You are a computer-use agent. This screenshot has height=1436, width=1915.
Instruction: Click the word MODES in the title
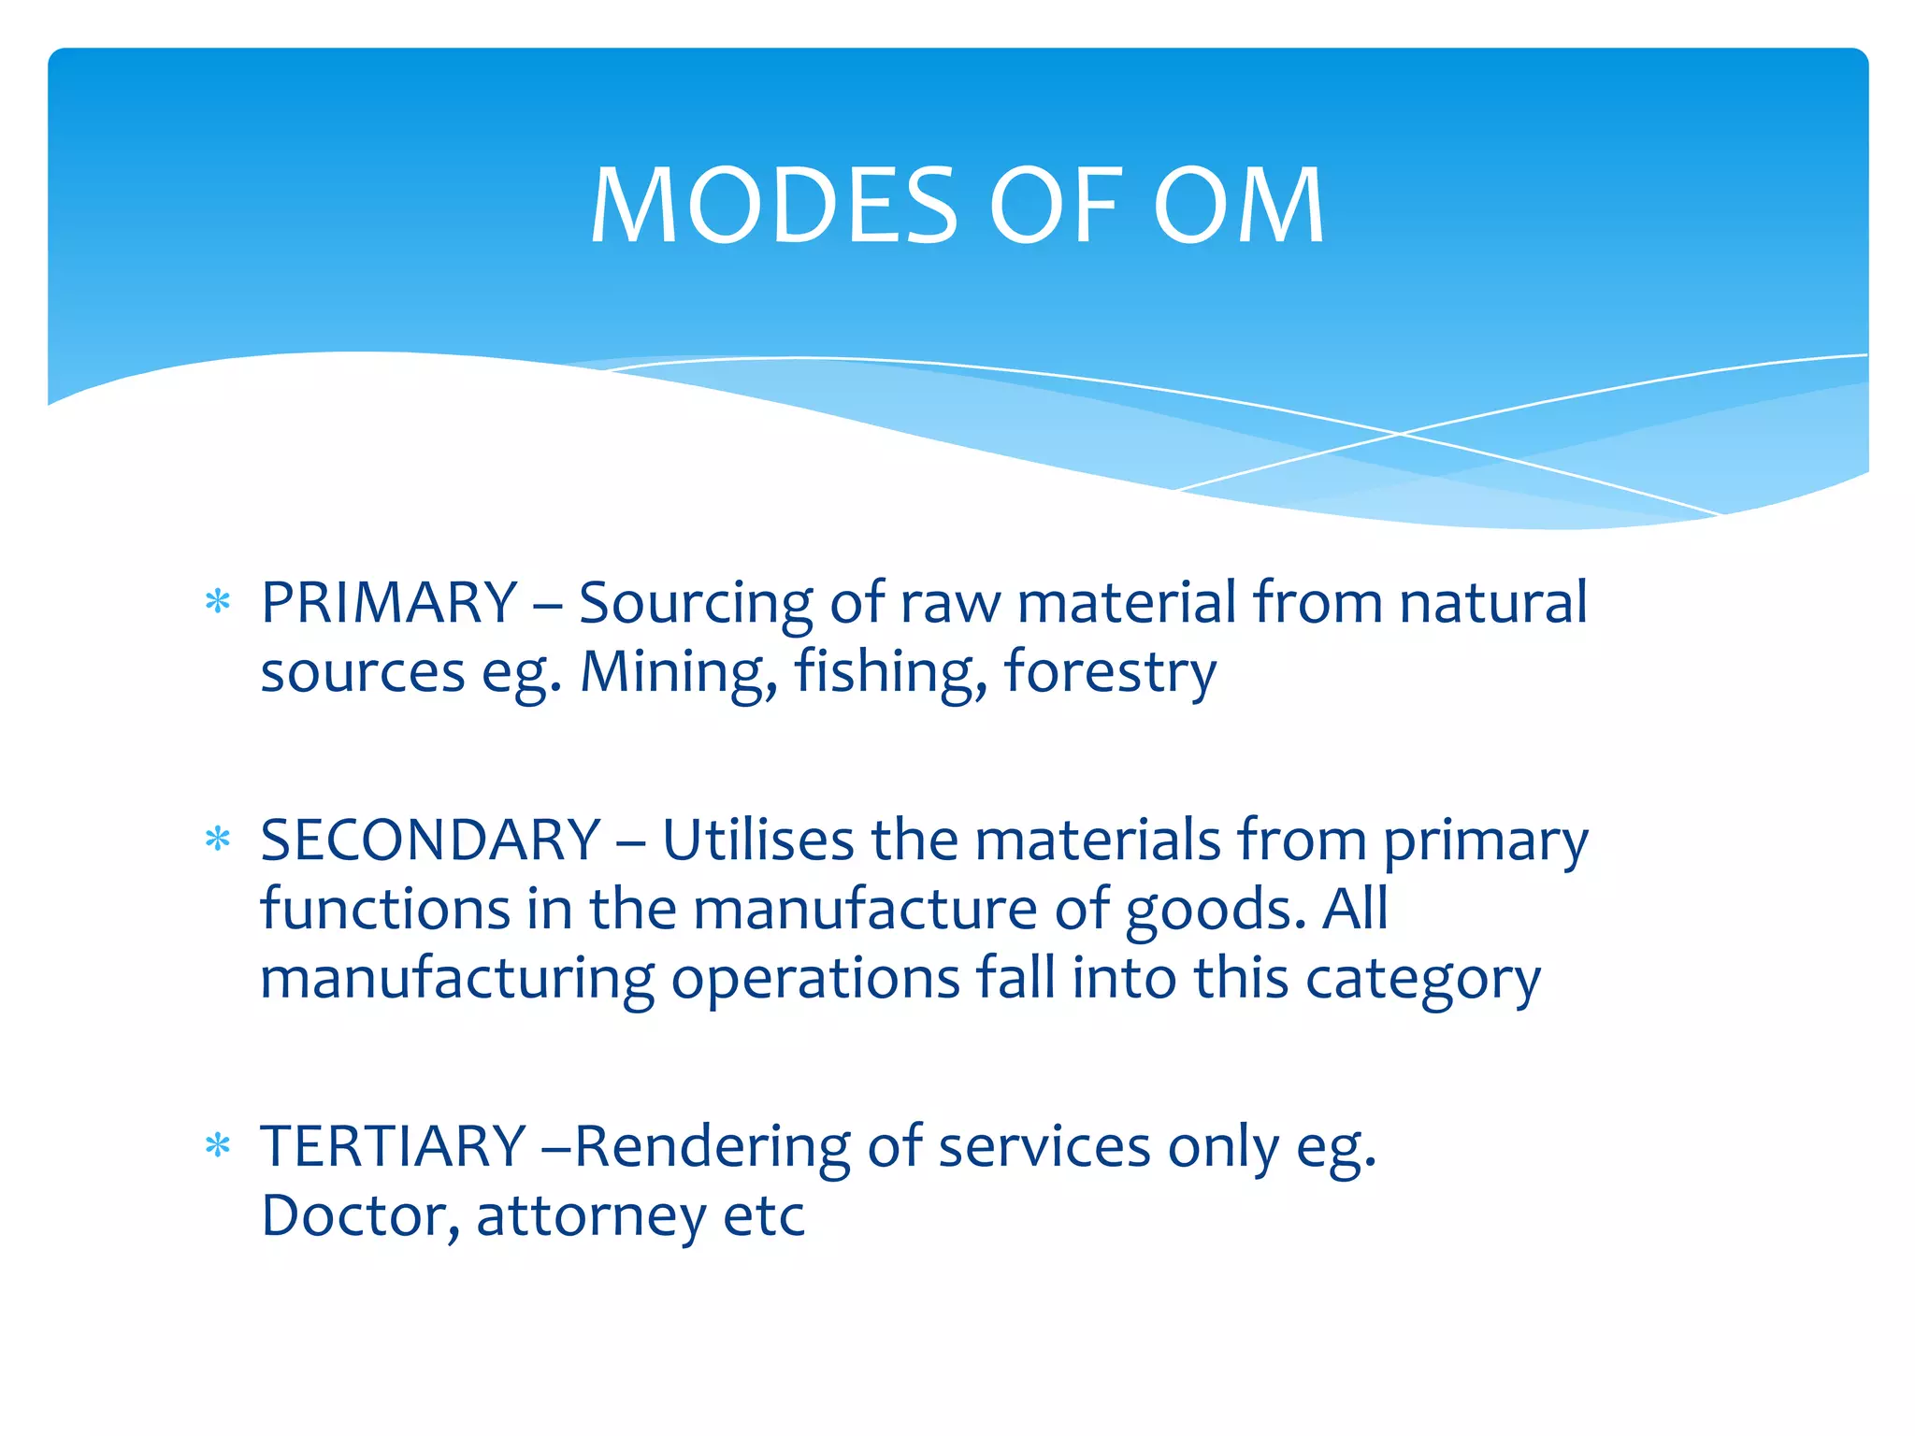point(774,206)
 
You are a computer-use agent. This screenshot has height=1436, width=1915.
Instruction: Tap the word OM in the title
point(1238,206)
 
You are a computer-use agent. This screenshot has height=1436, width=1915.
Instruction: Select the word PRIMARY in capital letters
point(389,602)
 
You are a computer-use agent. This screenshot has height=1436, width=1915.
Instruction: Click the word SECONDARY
point(430,840)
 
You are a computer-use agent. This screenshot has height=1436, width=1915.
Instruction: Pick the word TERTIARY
point(394,1146)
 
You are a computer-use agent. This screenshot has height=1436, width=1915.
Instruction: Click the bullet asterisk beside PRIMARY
point(218,602)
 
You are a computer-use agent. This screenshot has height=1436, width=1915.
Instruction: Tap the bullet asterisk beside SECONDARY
point(218,840)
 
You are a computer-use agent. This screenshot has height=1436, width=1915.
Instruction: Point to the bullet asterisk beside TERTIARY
point(218,1146)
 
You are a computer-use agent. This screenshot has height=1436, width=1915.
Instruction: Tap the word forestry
point(1110,671)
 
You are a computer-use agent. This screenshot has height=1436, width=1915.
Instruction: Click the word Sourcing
point(696,602)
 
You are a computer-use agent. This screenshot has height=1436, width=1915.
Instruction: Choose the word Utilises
point(758,840)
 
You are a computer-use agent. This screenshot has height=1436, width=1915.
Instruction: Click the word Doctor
point(360,1215)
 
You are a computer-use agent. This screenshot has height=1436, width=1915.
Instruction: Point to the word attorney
point(591,1217)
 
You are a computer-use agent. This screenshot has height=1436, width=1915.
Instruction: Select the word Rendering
point(713,1148)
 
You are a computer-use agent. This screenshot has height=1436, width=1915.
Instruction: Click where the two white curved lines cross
point(1400,434)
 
